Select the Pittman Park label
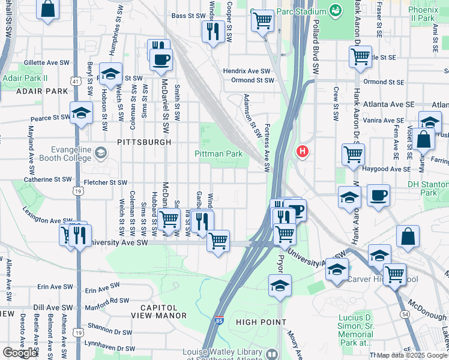click(x=218, y=154)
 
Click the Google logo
click(x=20, y=353)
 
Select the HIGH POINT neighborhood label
click(x=261, y=322)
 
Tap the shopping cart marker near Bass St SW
click(x=262, y=22)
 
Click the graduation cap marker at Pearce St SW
click(x=81, y=113)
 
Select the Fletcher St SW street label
click(x=106, y=182)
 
